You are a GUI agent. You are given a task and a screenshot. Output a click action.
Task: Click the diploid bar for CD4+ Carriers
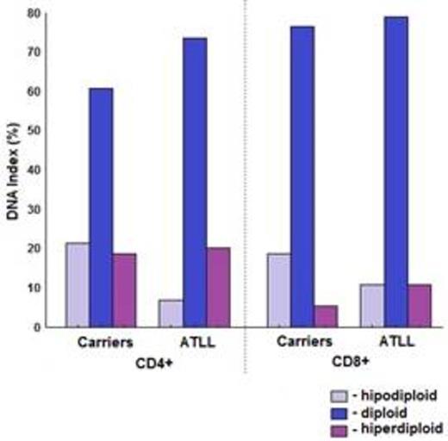pyautogui.click(x=101, y=207)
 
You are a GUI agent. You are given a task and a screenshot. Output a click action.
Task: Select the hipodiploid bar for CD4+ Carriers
pyautogui.click(x=77, y=284)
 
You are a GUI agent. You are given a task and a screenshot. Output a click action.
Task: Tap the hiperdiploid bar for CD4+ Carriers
pyautogui.click(x=124, y=290)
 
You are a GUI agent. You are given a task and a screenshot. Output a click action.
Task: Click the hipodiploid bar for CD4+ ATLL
pyautogui.click(x=171, y=313)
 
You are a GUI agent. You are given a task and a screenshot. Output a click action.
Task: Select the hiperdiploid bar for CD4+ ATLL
pyautogui.click(x=218, y=287)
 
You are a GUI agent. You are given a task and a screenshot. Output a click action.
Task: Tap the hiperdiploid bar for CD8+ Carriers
pyautogui.click(x=325, y=315)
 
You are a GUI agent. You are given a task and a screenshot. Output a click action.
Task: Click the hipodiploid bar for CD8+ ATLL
pyautogui.click(x=372, y=305)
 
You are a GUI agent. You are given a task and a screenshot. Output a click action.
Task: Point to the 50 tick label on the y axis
pyautogui.click(x=34, y=131)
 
